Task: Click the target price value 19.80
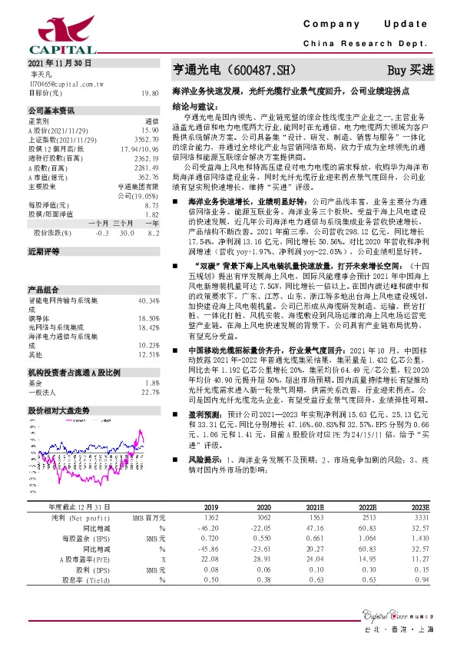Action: click(150, 92)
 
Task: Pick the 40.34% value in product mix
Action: click(148, 300)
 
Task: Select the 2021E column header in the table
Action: click(316, 508)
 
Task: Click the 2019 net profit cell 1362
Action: click(212, 519)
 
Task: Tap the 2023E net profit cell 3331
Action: click(419, 519)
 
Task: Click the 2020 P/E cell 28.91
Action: click(263, 560)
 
